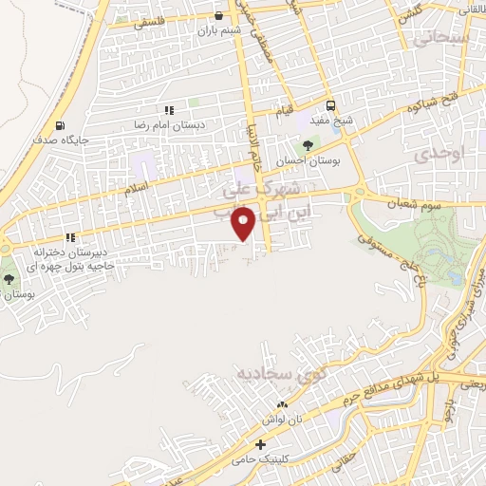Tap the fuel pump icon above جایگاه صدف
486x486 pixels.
coord(62,125)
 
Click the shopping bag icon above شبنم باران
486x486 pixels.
coord(220,15)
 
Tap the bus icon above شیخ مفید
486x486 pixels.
coord(331,105)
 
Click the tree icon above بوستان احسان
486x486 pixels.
coord(306,144)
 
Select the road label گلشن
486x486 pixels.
coord(409,15)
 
